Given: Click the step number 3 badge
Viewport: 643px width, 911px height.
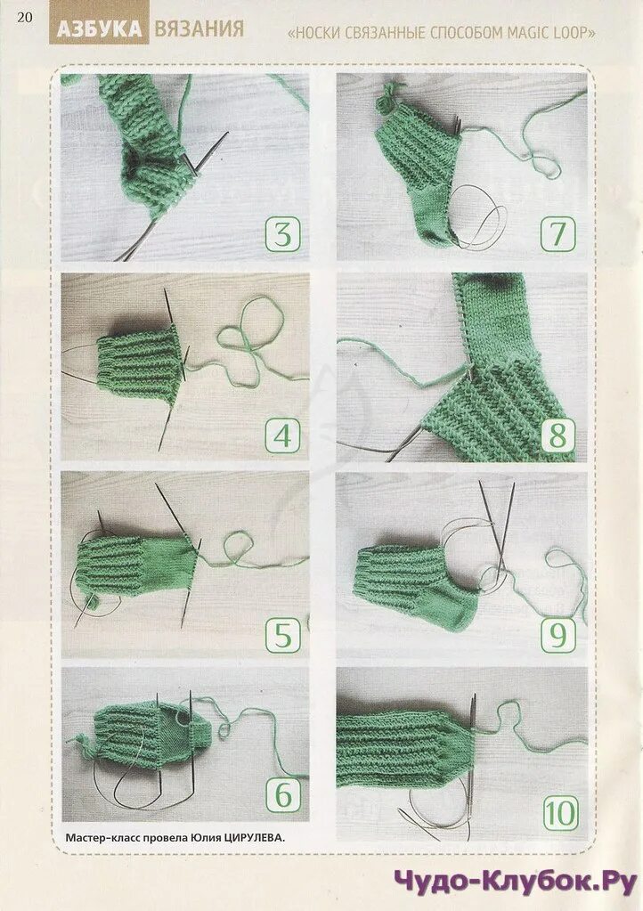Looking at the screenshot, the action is (x=283, y=234).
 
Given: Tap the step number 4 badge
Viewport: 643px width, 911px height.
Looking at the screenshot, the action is (x=283, y=435).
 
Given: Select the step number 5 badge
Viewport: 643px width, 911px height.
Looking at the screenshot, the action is (x=283, y=634).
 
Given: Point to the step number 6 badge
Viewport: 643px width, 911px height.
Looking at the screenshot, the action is (x=283, y=794).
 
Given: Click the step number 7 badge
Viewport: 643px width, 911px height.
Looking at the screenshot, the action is (x=558, y=233).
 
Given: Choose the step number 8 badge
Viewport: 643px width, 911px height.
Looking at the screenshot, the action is (x=558, y=435).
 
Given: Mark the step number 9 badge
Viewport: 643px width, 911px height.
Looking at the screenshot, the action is (x=558, y=634).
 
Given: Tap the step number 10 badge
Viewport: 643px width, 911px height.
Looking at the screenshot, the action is (x=560, y=813).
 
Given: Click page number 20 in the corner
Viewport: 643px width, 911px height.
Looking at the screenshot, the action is (x=24, y=17).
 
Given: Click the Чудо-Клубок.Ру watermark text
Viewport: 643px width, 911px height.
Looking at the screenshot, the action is (x=516, y=883).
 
